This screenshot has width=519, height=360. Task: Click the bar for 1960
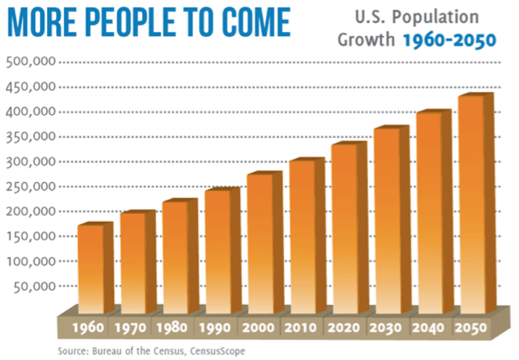click(89, 268)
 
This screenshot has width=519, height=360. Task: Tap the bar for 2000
click(260, 243)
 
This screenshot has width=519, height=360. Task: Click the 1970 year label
click(130, 327)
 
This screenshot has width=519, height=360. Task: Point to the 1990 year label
click(216, 327)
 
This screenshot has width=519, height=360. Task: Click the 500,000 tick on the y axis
click(30, 62)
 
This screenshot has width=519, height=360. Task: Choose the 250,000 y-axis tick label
click(30, 186)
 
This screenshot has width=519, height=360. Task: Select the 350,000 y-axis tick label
click(30, 136)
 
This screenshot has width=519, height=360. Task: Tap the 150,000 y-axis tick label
click(30, 236)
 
